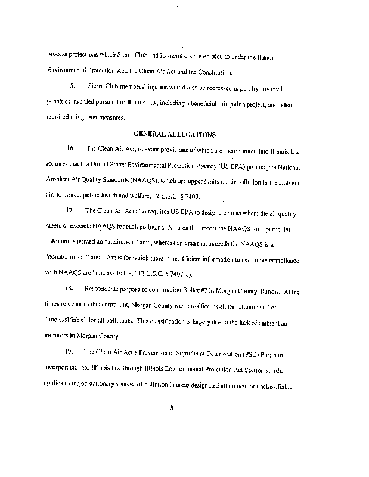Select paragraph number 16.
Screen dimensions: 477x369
[71, 148]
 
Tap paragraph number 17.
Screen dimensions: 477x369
[72, 211]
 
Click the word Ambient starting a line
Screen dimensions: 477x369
[58, 179]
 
